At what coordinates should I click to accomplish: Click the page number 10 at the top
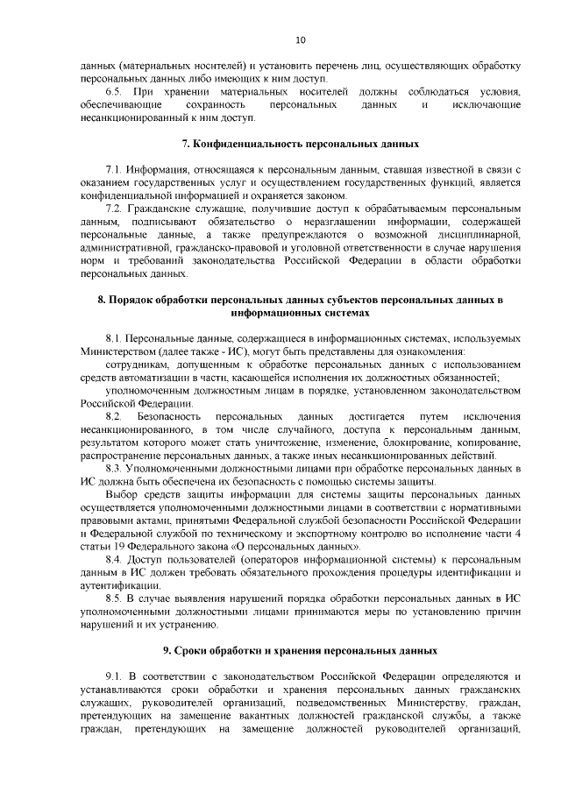[301, 40]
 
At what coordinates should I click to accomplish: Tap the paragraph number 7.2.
[114, 209]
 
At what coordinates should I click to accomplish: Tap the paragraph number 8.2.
[114, 416]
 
